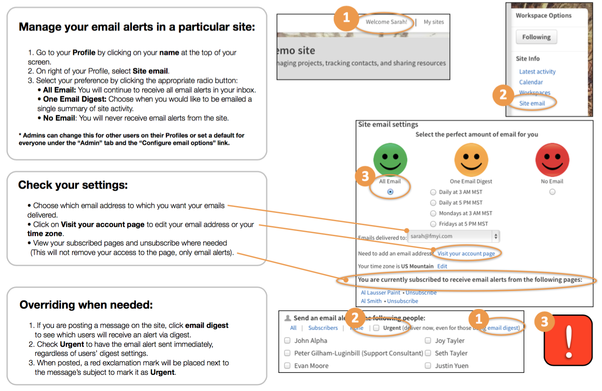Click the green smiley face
[390, 159]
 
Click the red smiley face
[552, 159]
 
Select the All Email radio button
[390, 192]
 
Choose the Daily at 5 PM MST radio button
[433, 203]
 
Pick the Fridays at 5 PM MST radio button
[433, 224]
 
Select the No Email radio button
[552, 192]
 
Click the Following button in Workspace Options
[536, 37]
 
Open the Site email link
[532, 103]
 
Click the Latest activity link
[537, 72]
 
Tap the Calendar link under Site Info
[531, 82]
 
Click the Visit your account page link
[466, 253]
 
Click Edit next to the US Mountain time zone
[442, 266]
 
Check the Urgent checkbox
[376, 328]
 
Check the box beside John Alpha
[287, 341]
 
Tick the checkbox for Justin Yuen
[428, 366]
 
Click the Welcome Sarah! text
[386, 22]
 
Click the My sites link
[433, 22]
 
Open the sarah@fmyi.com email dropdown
[495, 236]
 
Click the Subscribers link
[323, 328]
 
